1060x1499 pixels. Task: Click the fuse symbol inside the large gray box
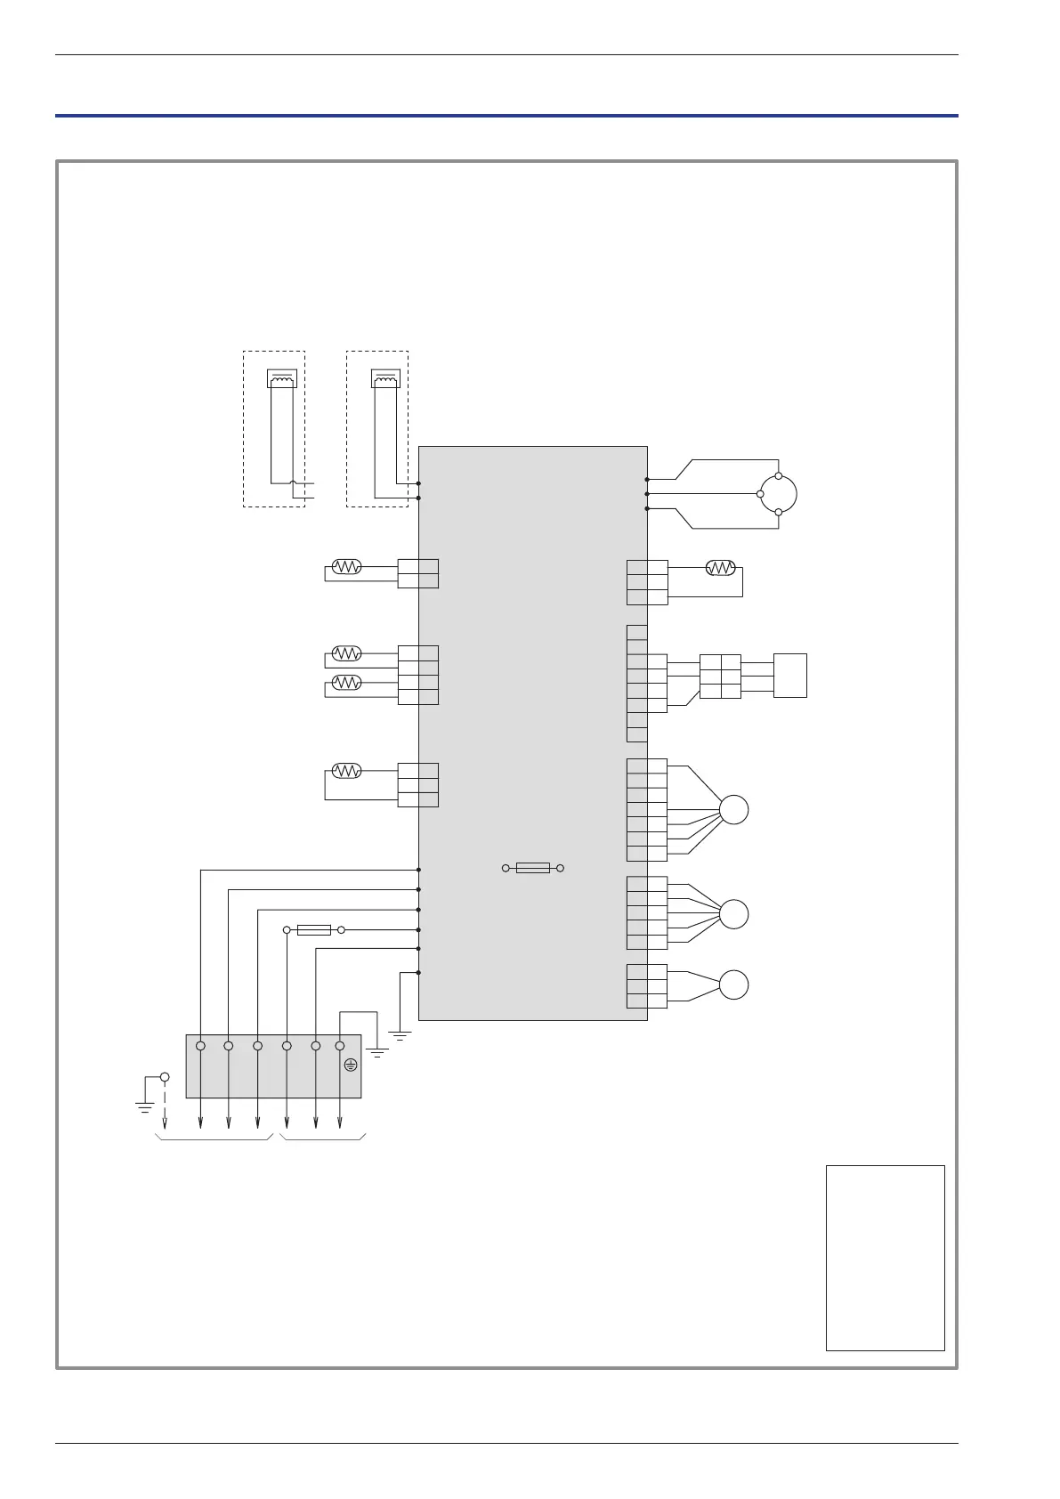click(x=532, y=868)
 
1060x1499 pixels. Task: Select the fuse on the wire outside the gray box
click(x=313, y=930)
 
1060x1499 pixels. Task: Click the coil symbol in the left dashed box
click(x=282, y=378)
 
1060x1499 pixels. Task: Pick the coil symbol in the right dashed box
click(x=385, y=378)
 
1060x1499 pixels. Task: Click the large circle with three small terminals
click(x=778, y=494)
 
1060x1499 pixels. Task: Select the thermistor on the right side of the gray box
click(x=720, y=568)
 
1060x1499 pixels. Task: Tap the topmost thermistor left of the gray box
click(x=346, y=567)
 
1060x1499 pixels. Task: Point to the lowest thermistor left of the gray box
click(x=346, y=771)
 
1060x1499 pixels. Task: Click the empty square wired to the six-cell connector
click(x=790, y=676)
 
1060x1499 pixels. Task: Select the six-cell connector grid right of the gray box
click(x=720, y=677)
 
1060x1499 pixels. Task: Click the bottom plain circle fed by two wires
click(x=734, y=985)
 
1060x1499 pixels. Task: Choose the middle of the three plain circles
click(x=734, y=914)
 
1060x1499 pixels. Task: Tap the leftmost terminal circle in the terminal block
click(x=200, y=1046)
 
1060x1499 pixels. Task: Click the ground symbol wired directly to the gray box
click(x=401, y=1035)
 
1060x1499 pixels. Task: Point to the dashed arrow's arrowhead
click(x=165, y=1122)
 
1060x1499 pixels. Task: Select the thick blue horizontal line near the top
click(x=506, y=116)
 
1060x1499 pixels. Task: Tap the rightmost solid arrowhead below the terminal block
click(x=340, y=1122)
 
